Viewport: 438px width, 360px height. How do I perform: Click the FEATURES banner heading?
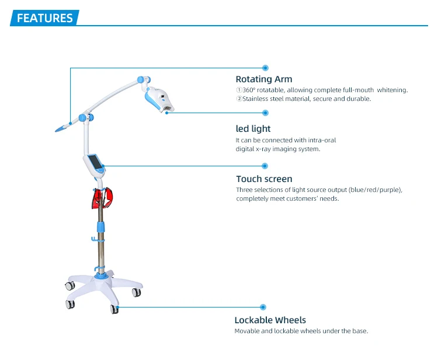tap(45, 18)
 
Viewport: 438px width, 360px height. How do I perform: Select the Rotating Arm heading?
tap(264, 79)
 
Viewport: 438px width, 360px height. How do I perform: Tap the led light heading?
tap(253, 128)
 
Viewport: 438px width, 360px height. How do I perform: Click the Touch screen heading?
tap(264, 179)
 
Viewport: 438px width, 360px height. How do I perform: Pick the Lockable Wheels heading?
tap(270, 320)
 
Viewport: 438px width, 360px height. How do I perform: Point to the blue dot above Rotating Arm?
tap(265, 68)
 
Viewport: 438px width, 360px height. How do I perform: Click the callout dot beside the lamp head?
tap(265, 114)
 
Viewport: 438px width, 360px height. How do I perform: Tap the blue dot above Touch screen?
tap(265, 165)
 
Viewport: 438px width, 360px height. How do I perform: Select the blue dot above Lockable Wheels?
tap(263, 306)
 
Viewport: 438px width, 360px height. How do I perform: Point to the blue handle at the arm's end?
tap(62, 126)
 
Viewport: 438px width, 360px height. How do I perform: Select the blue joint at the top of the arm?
tap(141, 78)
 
